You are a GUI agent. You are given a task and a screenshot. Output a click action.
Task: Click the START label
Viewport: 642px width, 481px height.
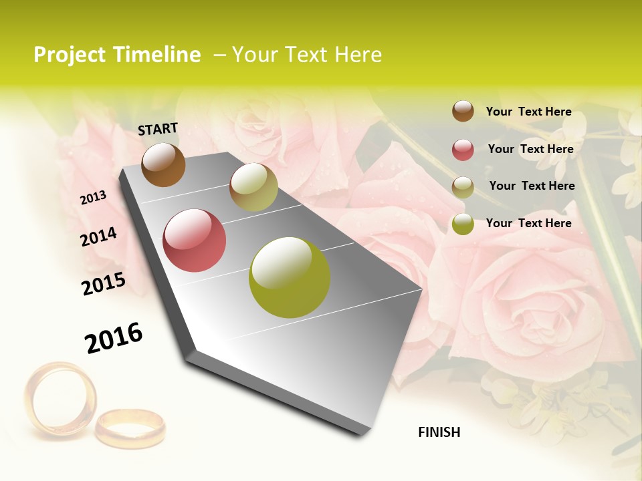[x=158, y=129]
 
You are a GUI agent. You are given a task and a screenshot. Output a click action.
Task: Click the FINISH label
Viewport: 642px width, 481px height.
[x=439, y=432]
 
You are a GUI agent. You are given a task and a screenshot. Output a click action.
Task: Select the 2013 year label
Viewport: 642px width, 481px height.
[x=93, y=198]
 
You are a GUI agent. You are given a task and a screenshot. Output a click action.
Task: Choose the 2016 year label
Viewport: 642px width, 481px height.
[x=114, y=338]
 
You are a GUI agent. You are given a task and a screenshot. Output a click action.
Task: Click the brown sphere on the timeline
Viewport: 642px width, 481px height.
[x=163, y=165]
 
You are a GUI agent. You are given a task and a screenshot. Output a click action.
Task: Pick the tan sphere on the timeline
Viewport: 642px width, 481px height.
[x=253, y=187]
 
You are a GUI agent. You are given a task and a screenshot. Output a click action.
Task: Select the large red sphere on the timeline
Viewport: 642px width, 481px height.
[x=195, y=240]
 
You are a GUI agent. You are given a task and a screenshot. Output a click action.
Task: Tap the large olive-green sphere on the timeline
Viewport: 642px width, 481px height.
[x=290, y=277]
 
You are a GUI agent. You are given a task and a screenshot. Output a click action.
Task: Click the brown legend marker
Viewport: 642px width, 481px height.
[x=463, y=111]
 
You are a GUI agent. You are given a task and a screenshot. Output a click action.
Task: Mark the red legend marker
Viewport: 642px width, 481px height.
[x=463, y=149]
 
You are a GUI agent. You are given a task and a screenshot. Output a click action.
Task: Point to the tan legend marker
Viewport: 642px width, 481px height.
[x=463, y=186]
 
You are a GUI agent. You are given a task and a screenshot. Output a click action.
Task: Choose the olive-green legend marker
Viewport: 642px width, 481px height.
[x=463, y=223]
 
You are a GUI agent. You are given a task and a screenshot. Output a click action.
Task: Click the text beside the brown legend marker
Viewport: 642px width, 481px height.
[x=528, y=112]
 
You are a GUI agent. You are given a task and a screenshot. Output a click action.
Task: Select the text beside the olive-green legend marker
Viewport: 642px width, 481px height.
[x=528, y=223]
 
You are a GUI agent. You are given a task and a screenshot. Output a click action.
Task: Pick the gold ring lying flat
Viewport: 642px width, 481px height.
[x=130, y=428]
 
